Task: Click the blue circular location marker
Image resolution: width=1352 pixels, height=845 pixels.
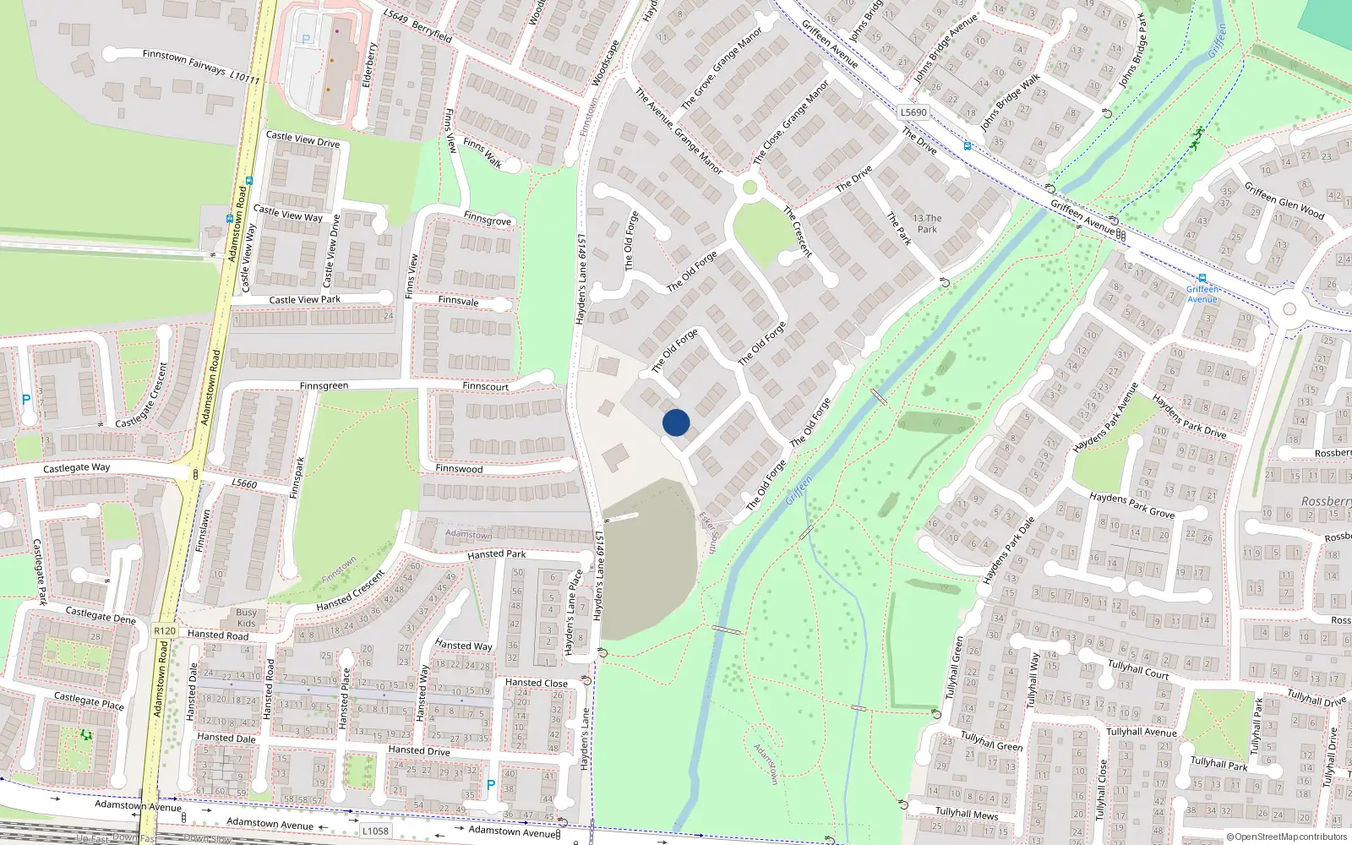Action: [x=676, y=422]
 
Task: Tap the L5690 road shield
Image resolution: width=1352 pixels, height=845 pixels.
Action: [x=913, y=112]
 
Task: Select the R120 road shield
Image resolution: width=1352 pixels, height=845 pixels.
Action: [x=165, y=631]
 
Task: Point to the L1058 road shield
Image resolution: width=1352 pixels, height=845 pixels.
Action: [x=375, y=831]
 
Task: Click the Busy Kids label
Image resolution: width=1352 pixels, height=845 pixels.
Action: [x=246, y=618]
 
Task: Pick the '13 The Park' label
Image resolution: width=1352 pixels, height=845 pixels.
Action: [x=927, y=223]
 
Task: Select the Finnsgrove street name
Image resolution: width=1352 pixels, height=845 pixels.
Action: [x=487, y=218]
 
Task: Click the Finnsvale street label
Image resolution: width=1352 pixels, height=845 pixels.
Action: [x=459, y=301]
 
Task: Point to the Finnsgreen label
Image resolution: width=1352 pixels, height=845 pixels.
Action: [x=324, y=386]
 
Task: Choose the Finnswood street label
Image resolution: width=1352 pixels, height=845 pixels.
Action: [x=459, y=469]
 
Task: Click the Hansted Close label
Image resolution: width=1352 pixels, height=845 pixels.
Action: [x=537, y=683]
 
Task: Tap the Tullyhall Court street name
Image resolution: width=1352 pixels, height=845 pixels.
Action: [x=1138, y=669]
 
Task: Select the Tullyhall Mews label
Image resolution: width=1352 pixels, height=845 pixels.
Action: [x=967, y=814]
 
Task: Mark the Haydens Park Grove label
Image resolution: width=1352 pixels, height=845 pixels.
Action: [x=1131, y=504]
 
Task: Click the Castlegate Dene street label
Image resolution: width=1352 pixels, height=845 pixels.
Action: [x=101, y=614]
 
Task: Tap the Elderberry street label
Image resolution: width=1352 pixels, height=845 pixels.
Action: [x=368, y=65]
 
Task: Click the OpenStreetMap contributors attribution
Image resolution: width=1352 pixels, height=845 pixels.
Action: [x=1288, y=837]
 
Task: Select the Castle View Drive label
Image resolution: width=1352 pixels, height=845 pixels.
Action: [x=303, y=139]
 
